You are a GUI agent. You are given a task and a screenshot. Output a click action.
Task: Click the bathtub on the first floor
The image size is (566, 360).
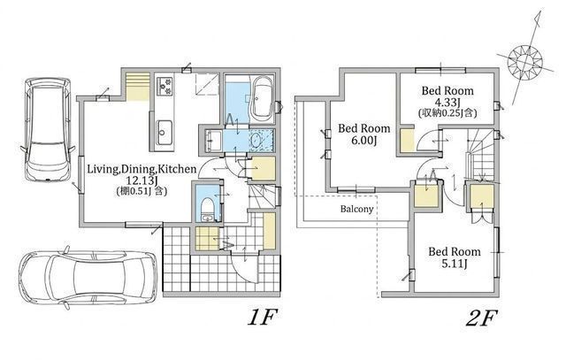(x=261, y=97)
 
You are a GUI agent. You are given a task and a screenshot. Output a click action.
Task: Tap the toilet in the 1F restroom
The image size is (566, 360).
(x=208, y=209)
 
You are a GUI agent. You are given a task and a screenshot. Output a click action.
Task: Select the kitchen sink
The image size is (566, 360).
(x=164, y=133)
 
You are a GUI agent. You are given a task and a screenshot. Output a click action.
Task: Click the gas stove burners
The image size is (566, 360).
(x=165, y=87)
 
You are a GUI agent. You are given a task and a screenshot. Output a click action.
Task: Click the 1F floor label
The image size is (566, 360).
(x=262, y=318)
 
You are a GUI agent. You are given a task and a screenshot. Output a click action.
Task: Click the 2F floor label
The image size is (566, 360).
(x=482, y=318)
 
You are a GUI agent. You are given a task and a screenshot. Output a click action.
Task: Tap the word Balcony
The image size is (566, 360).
(x=356, y=209)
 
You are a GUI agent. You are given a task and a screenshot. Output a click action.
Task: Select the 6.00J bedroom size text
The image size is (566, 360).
(x=363, y=140)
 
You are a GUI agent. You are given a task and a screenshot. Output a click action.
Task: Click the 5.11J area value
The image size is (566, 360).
(x=455, y=264)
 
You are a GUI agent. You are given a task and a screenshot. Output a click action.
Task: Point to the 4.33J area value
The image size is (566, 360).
(x=447, y=103)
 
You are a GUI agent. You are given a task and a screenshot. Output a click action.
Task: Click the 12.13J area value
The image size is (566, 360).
(x=141, y=180)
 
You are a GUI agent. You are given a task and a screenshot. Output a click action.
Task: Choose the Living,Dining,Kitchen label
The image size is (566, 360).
(x=141, y=169)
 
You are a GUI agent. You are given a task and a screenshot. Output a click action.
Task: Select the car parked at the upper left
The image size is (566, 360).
(x=47, y=129)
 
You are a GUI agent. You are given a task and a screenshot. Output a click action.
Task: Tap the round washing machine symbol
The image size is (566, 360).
(x=256, y=140)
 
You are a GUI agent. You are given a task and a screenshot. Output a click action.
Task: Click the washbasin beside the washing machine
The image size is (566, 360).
(x=214, y=140)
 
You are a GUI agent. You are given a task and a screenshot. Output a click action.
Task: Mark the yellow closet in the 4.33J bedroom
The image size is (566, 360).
(x=407, y=140)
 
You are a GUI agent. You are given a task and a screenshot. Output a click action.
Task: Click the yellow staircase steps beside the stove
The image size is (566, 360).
(x=138, y=87)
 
